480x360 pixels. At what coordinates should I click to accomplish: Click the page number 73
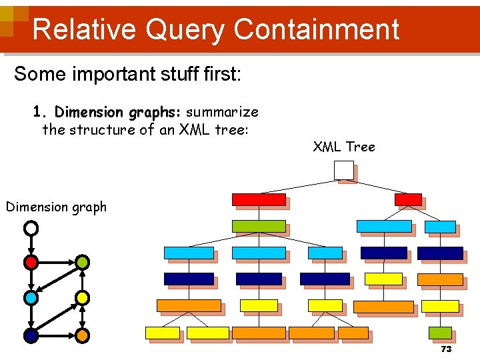446,349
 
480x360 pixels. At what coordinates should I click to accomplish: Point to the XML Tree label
344,147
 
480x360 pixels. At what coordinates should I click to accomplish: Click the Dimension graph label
56,207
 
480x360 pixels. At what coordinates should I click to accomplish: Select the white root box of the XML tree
344,171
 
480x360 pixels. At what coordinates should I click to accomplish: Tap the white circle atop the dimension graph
31,229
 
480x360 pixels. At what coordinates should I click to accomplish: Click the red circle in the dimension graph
31,262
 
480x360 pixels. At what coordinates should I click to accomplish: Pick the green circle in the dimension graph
81,262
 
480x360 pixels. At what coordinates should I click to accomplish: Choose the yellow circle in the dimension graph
81,297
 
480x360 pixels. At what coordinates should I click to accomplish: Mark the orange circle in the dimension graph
81,335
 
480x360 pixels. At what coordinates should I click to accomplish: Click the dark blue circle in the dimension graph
31,335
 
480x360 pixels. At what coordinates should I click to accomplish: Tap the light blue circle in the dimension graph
31,297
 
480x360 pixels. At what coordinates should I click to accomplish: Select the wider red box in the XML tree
259,199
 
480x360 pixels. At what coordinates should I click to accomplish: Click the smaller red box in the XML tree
408,199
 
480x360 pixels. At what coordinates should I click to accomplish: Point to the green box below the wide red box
259,226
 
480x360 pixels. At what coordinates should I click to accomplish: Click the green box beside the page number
440,332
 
